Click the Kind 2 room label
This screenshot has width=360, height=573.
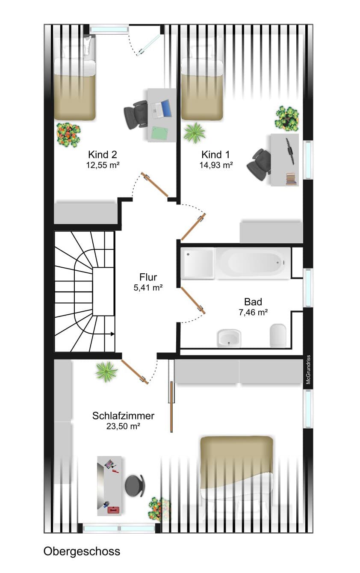[103, 154]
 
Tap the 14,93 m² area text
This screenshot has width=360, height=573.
[216, 165]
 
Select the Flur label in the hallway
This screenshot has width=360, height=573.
[148, 277]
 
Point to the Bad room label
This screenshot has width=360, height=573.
[253, 302]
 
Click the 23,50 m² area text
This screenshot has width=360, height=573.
[123, 426]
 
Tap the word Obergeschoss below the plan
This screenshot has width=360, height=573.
[82, 551]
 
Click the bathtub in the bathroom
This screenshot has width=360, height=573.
[253, 263]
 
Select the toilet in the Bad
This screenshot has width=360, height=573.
[278, 336]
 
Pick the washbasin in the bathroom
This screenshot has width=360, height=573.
[229, 338]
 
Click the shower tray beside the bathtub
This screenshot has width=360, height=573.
[198, 263]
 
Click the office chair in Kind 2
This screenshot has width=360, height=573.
[136, 114]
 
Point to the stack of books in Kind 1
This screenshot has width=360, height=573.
[292, 179]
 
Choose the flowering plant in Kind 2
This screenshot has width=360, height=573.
[68, 135]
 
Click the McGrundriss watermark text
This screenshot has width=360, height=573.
[308, 369]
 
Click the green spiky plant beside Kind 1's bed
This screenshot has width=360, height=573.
[195, 132]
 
